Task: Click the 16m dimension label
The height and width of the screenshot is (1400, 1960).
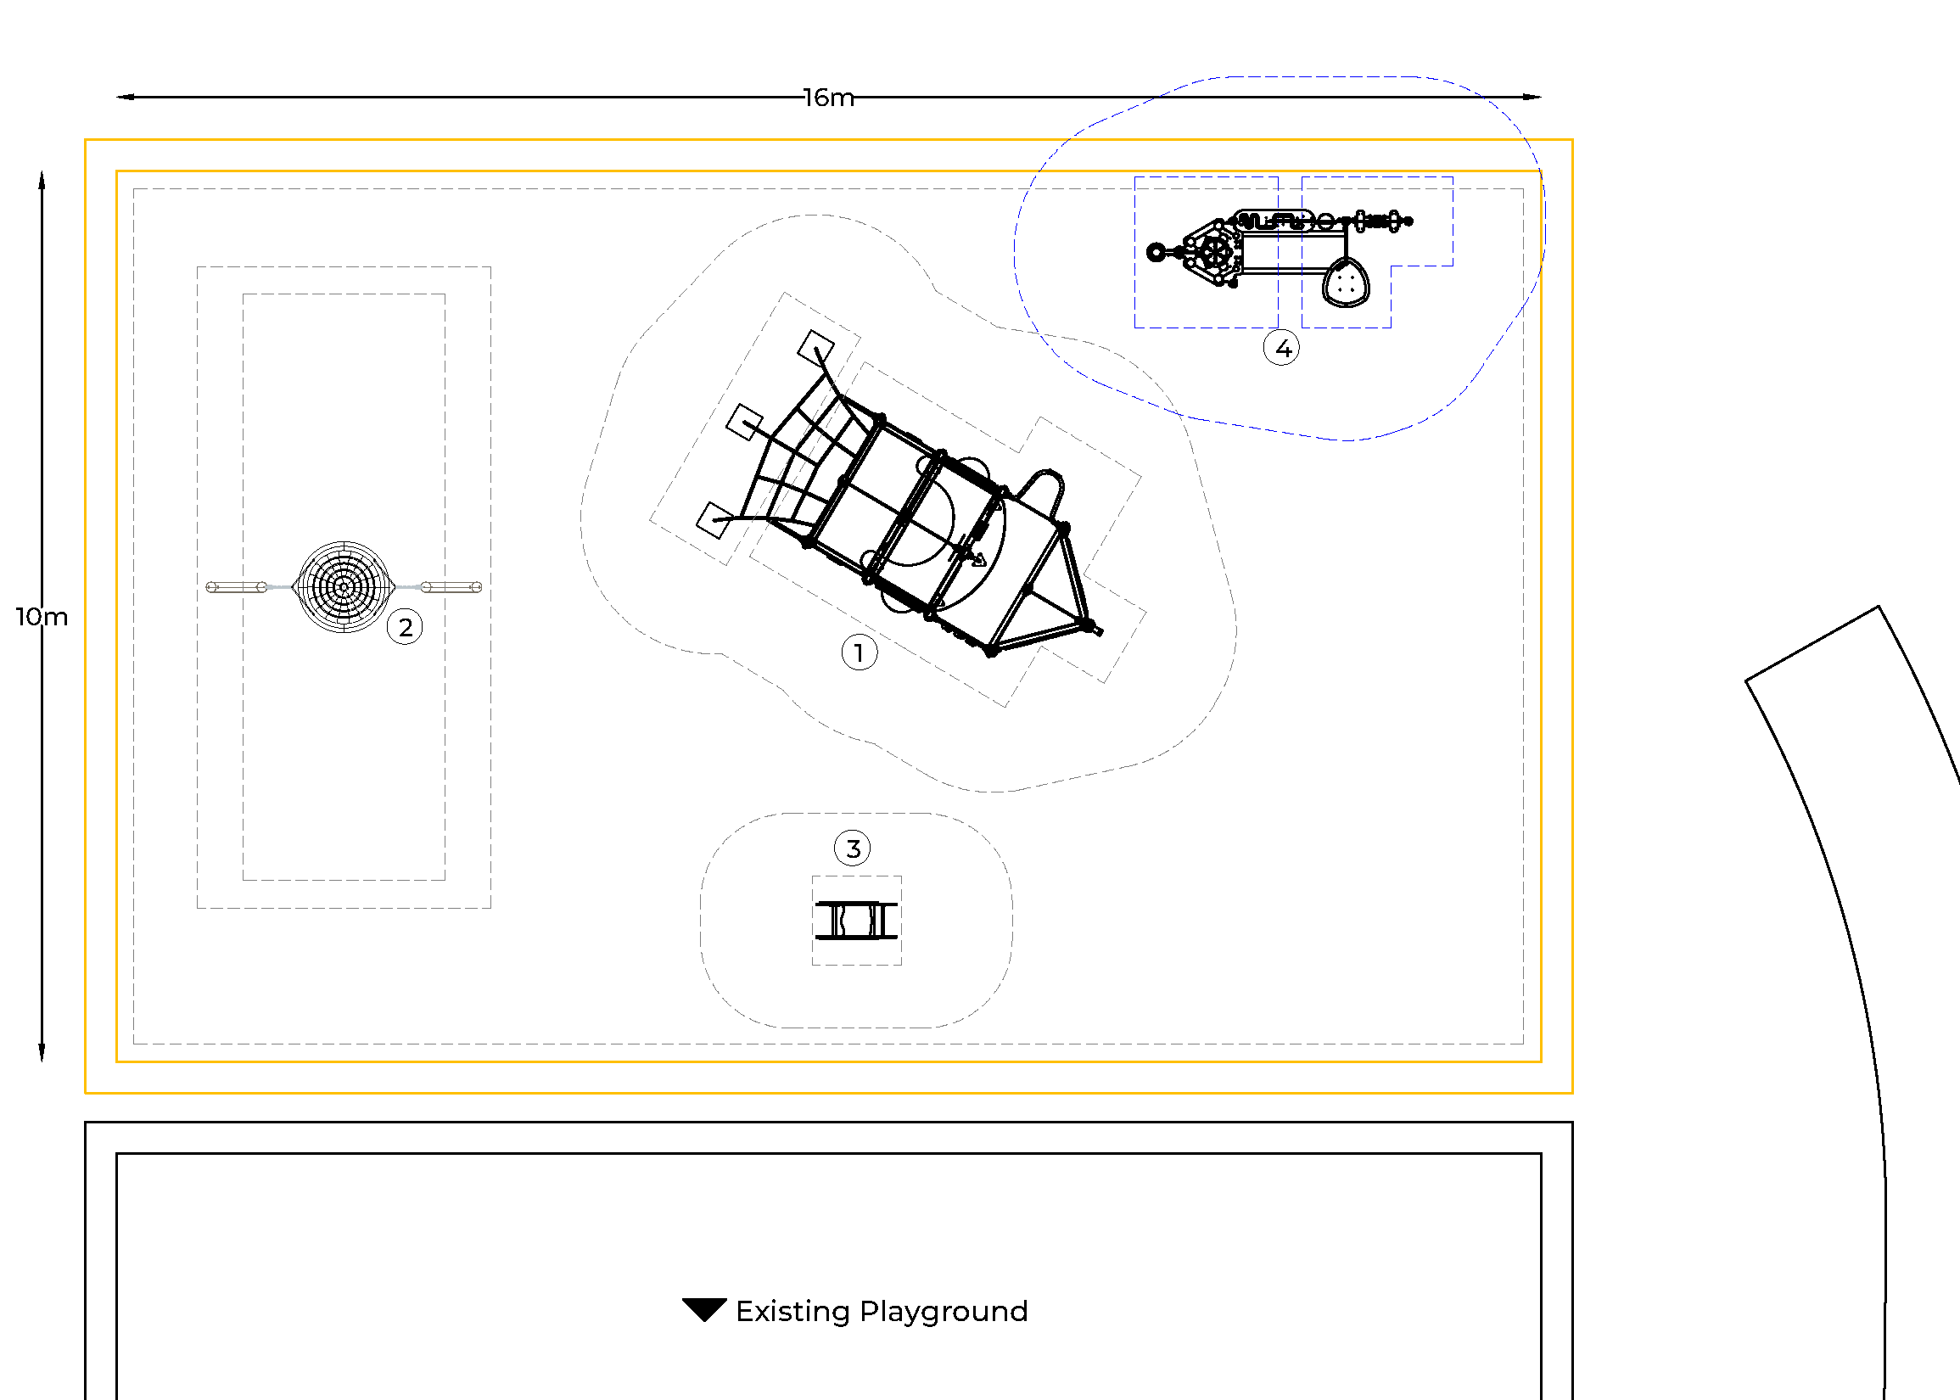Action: click(828, 98)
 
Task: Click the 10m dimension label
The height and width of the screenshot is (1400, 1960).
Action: click(42, 616)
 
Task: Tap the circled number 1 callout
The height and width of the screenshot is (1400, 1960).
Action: click(860, 652)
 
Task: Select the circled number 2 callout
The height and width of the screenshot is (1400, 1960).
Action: click(405, 627)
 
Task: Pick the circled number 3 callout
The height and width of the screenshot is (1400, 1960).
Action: click(853, 848)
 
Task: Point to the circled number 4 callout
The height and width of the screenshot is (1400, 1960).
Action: click(1282, 348)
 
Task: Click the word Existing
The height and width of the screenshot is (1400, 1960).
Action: click(792, 1311)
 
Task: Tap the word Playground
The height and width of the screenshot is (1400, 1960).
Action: click(944, 1311)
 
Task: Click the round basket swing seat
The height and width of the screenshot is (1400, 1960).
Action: click(344, 587)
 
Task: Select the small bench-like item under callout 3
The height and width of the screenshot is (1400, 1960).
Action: click(856, 921)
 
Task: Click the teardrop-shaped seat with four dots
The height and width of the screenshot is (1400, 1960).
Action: click(1346, 283)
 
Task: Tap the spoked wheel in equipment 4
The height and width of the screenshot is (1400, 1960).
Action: click(1215, 253)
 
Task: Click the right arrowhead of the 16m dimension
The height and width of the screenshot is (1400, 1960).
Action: click(1532, 98)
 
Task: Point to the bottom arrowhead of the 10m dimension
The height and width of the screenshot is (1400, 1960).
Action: click(42, 1053)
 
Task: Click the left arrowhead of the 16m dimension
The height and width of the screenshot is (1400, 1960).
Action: click(126, 98)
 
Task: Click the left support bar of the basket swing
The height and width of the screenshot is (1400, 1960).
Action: click(236, 587)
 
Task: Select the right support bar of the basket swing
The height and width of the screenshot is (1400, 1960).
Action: click(451, 587)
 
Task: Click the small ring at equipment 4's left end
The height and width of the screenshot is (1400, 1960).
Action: click(1156, 253)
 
